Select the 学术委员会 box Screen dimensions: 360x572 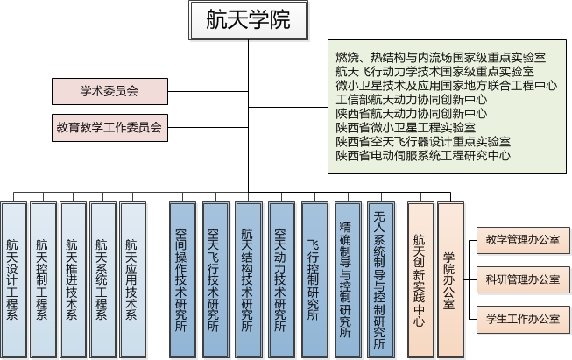109,90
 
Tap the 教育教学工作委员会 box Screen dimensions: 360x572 109,127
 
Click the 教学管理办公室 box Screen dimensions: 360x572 521,241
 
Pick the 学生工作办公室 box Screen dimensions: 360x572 521,318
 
